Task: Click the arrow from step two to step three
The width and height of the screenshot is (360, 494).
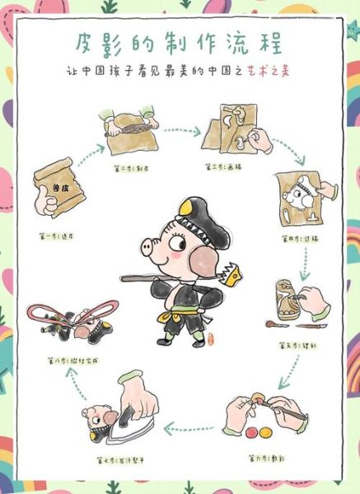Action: [182, 130]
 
